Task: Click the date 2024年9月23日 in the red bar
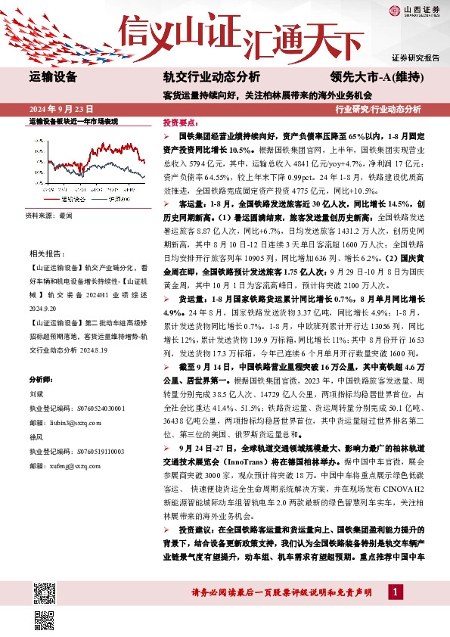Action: (61, 109)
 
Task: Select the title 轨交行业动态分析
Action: (211, 76)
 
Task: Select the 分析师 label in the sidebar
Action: (42, 378)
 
